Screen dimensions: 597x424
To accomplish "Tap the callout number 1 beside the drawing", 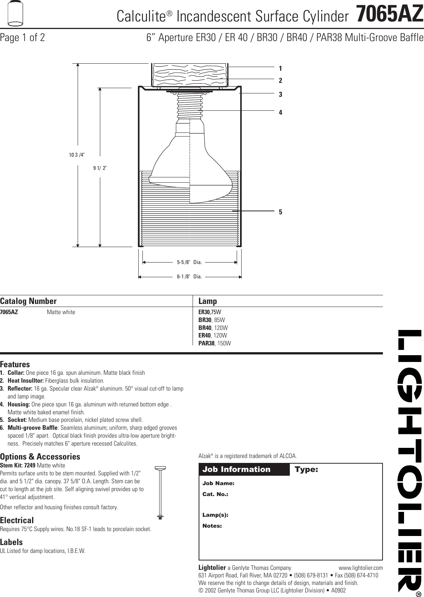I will click(x=280, y=69).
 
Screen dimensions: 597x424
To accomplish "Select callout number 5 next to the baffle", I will click(x=280, y=212).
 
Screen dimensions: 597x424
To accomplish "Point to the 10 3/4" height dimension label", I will click(x=77, y=154).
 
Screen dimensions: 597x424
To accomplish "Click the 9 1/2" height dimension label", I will click(x=100, y=168).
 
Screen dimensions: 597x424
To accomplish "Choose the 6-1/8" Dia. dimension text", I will click(x=190, y=276).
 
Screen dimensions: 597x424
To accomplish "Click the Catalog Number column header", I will click(x=28, y=301).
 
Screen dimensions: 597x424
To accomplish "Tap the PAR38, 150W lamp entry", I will click(x=214, y=344).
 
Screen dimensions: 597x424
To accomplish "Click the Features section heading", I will click(x=15, y=365).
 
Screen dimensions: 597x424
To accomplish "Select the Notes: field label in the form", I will click(x=212, y=525).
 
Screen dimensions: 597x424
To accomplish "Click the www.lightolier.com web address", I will click(x=361, y=568).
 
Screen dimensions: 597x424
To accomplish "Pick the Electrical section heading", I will click(x=17, y=521).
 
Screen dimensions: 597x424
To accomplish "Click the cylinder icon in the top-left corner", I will click(x=15, y=14).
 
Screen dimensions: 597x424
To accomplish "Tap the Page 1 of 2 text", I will click(x=23, y=38).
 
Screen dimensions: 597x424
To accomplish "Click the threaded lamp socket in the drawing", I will click(x=190, y=105).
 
